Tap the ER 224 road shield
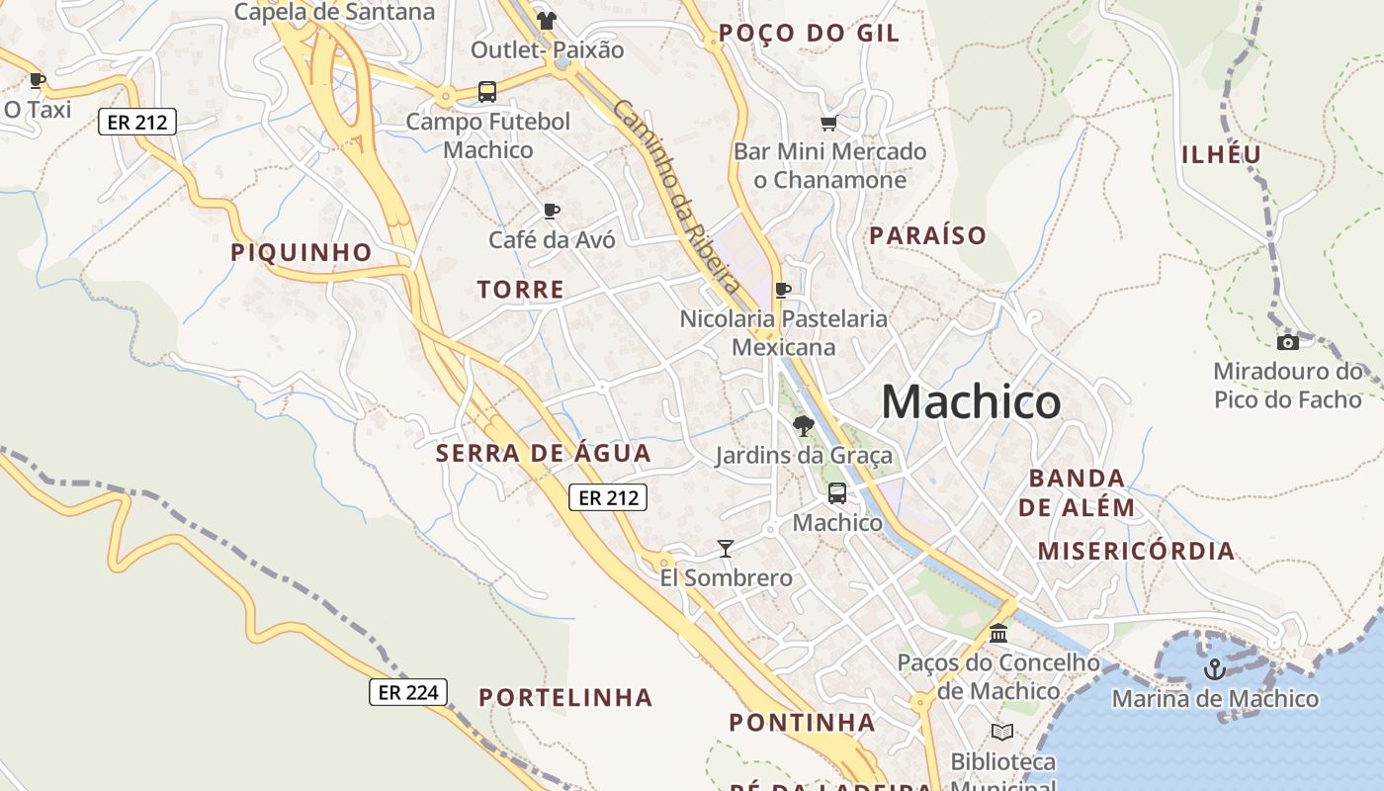coord(408,692)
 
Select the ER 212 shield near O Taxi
coord(137,122)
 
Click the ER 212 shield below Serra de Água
coord(608,497)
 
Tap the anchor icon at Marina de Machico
coord(1214,670)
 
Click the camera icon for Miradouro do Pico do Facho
coord(1287,342)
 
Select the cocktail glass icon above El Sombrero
coord(726,549)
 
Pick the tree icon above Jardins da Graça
coord(804,426)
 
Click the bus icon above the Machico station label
coord(837,492)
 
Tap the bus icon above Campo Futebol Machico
coord(487,92)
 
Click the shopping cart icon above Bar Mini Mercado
coord(828,123)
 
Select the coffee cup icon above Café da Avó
coord(552,211)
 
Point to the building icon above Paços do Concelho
coord(998,633)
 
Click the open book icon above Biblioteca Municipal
coord(1002,732)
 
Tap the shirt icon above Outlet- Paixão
coord(547,20)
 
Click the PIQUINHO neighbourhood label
coord(302,252)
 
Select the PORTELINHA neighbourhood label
coord(565,697)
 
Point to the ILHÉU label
coord(1222,154)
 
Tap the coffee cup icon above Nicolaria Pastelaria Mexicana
coord(783,290)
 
